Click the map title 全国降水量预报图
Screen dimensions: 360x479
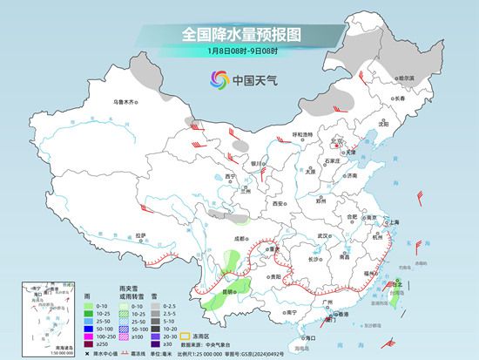coord(239,35)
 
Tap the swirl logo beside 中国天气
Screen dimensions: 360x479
coord(218,80)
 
